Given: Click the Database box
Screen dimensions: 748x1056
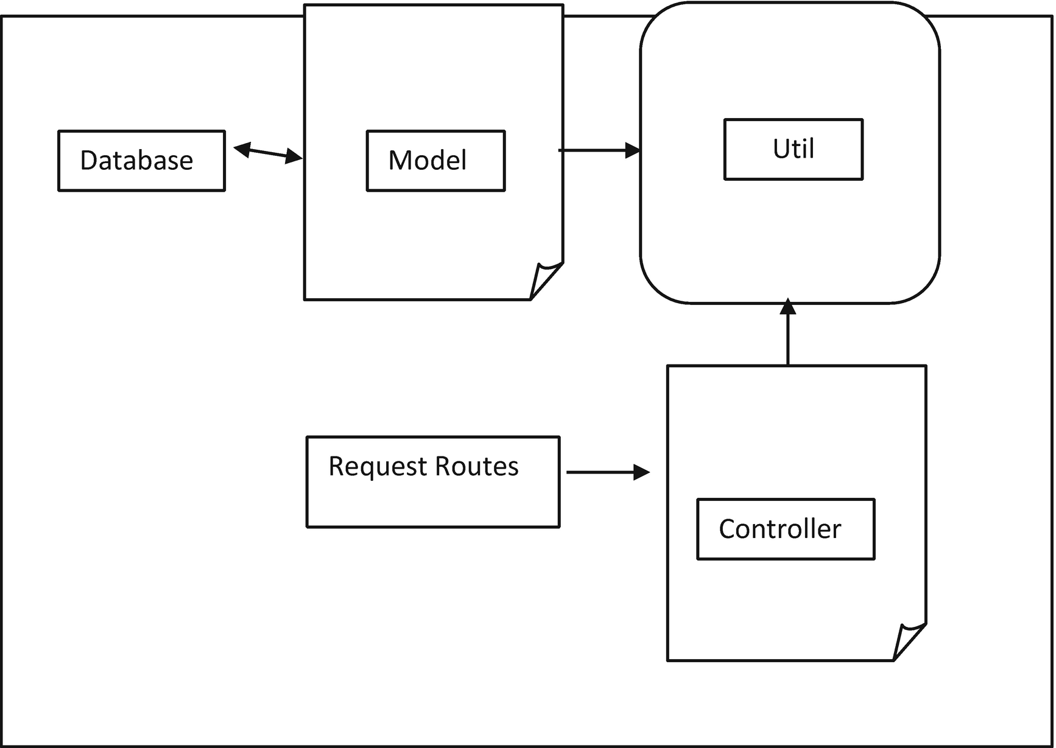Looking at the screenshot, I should pyautogui.click(x=141, y=161).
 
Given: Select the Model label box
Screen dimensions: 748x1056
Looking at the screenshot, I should pyautogui.click(x=435, y=161).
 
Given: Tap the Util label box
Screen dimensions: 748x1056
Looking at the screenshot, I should pyautogui.click(x=793, y=150).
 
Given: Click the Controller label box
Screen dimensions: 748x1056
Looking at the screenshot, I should pyautogui.click(x=786, y=529).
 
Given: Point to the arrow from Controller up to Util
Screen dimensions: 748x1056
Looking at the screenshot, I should pyautogui.click(x=788, y=335).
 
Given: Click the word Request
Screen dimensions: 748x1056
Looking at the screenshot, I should pyautogui.click(x=378, y=467).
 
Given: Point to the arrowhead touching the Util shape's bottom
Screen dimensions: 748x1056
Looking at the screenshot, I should pyautogui.click(x=788, y=306).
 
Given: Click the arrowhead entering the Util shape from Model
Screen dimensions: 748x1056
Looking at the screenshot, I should pyautogui.click(x=633, y=150).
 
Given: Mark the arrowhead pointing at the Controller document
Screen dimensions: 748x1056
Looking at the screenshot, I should pyautogui.click(x=642, y=472).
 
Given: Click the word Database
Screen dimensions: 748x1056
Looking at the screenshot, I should pyautogui.click(x=136, y=161).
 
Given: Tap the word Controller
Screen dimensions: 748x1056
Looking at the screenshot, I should pyautogui.click(x=780, y=529).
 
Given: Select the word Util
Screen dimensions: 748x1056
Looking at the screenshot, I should pyautogui.click(x=793, y=149).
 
